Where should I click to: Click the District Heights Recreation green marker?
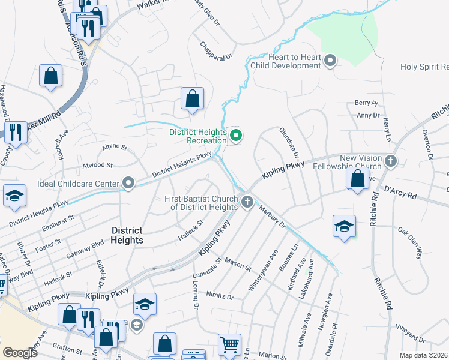(236, 137)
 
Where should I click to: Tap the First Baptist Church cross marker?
(247, 202)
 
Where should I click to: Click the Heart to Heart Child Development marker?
(330, 61)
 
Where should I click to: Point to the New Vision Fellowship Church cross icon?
(391, 161)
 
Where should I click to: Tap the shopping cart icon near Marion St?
(229, 345)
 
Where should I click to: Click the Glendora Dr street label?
(289, 142)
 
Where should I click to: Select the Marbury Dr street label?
(274, 217)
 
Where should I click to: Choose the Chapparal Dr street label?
(215, 56)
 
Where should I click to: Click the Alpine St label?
(115, 146)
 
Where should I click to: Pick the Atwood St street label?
(97, 164)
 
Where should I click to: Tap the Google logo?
(20, 353)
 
